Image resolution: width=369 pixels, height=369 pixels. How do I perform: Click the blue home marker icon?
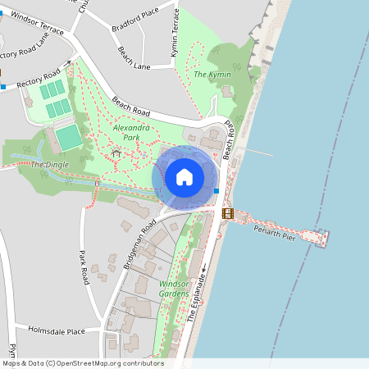(184, 177)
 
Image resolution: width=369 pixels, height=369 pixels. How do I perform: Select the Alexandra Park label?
(131, 133)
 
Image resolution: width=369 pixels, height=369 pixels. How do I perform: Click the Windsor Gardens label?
(174, 289)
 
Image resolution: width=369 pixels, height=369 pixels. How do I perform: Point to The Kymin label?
(212, 75)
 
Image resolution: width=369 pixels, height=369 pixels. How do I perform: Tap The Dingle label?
(50, 165)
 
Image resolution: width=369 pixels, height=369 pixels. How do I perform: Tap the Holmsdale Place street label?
(57, 331)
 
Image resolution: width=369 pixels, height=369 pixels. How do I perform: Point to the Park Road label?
(83, 267)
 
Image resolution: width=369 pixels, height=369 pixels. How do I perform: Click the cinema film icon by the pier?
(227, 213)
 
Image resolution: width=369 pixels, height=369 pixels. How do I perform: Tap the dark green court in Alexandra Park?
(68, 137)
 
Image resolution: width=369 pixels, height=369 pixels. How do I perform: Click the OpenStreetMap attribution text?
(83, 363)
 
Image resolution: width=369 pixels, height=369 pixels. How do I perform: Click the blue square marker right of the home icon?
(216, 191)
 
